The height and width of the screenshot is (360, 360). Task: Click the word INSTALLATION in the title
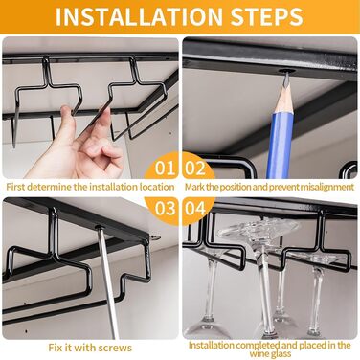tap(139, 16)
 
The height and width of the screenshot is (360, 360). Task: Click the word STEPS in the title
tap(266, 16)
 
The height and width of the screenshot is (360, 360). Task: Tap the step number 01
tap(165, 168)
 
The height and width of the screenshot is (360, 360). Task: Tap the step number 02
tap(195, 168)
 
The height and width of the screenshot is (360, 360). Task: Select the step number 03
tap(166, 208)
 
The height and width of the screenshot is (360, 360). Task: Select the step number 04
tap(195, 208)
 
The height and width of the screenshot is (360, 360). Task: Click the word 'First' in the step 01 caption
tap(15, 187)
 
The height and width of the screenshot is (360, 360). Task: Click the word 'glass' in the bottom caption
tap(280, 354)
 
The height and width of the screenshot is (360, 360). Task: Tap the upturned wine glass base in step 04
tap(259, 229)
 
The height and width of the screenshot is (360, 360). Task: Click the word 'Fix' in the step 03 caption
tap(55, 348)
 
